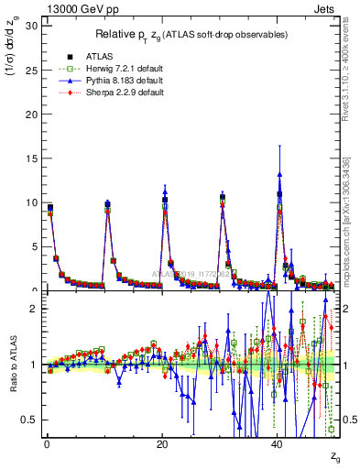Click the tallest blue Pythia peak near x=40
coord(278,172)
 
